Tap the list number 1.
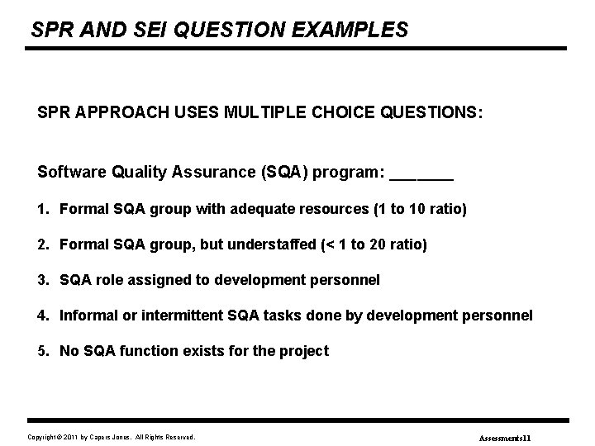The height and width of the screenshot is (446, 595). [42, 210]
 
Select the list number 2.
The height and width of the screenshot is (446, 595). [42, 244]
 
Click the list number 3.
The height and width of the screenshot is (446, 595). [42, 280]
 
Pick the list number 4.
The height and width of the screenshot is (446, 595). [42, 316]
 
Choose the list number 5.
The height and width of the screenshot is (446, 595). [42, 351]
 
